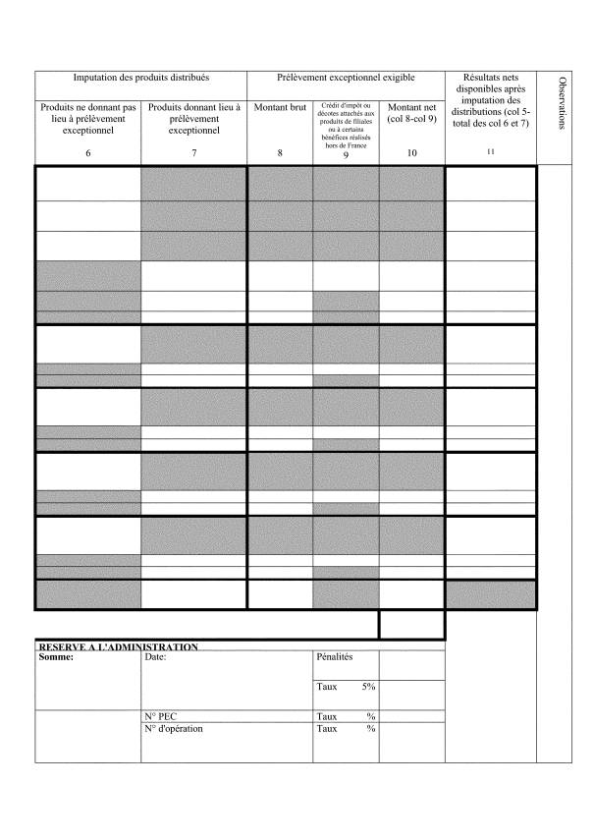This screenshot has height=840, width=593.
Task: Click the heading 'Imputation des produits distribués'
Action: pyautogui.click(x=141, y=78)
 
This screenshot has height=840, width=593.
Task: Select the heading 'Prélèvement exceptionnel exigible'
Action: pyautogui.click(x=346, y=78)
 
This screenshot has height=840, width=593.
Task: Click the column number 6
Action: pyautogui.click(x=88, y=152)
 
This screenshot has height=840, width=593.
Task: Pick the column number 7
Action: pyautogui.click(x=193, y=152)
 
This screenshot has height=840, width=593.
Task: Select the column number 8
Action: pyautogui.click(x=280, y=152)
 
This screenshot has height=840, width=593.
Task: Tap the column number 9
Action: pyautogui.click(x=346, y=154)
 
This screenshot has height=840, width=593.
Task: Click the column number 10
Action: pyautogui.click(x=411, y=152)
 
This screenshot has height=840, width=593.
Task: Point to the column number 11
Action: pyautogui.click(x=491, y=151)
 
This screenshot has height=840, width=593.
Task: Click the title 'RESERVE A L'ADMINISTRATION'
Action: pyautogui.click(x=118, y=646)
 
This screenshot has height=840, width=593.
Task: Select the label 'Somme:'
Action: pyautogui.click(x=56, y=657)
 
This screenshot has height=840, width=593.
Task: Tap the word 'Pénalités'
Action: pyautogui.click(x=335, y=656)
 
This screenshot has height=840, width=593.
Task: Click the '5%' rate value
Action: pyautogui.click(x=368, y=687)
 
